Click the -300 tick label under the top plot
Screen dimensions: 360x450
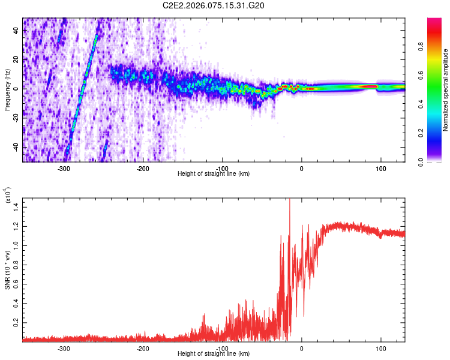point(64,169)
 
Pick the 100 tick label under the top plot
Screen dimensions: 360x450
point(380,169)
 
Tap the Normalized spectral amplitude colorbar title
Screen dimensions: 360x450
point(446,90)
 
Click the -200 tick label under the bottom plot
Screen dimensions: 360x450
point(143,348)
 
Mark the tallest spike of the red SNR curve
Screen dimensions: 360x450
point(290,200)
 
